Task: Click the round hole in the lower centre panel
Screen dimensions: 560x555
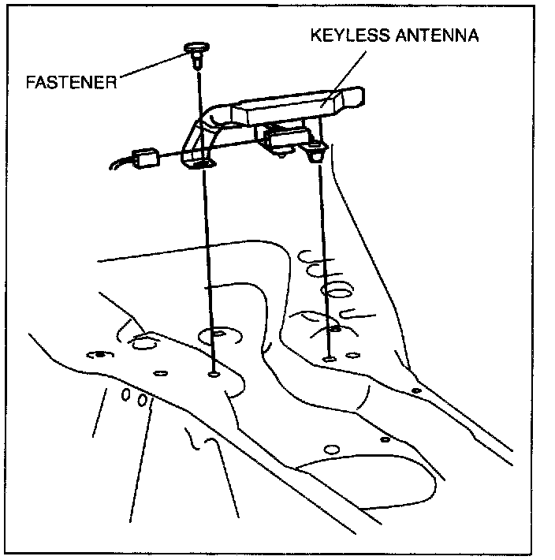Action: pyautogui.click(x=332, y=449)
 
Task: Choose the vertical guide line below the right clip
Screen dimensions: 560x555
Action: pyautogui.click(x=324, y=252)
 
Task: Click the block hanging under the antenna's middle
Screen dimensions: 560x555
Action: pyautogui.click(x=284, y=140)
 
